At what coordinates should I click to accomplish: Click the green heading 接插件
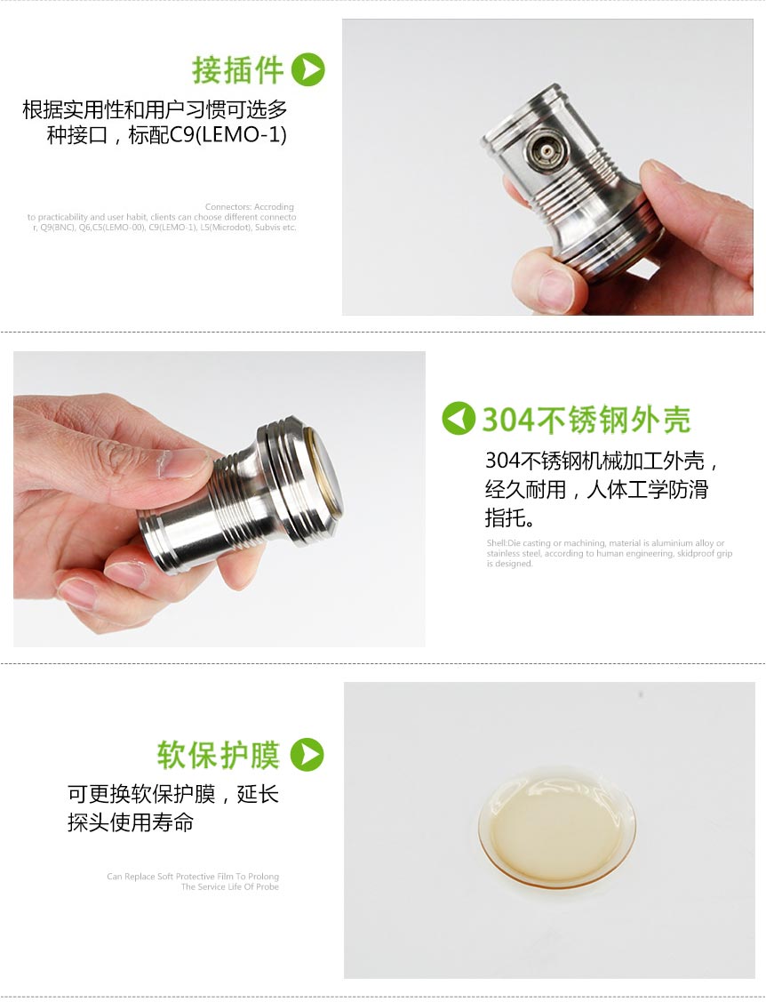tap(237, 70)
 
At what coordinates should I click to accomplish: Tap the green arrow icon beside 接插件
tap(308, 70)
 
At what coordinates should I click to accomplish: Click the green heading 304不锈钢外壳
tap(586, 420)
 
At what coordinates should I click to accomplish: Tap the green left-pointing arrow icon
tap(459, 419)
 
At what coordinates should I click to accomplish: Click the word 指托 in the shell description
tap(504, 518)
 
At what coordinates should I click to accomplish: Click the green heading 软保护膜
tap(219, 755)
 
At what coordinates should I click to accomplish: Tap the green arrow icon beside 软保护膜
tap(307, 755)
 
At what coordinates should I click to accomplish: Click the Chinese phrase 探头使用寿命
tap(131, 822)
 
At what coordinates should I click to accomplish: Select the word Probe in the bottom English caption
tap(267, 887)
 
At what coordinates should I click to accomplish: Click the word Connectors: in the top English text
tap(227, 207)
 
